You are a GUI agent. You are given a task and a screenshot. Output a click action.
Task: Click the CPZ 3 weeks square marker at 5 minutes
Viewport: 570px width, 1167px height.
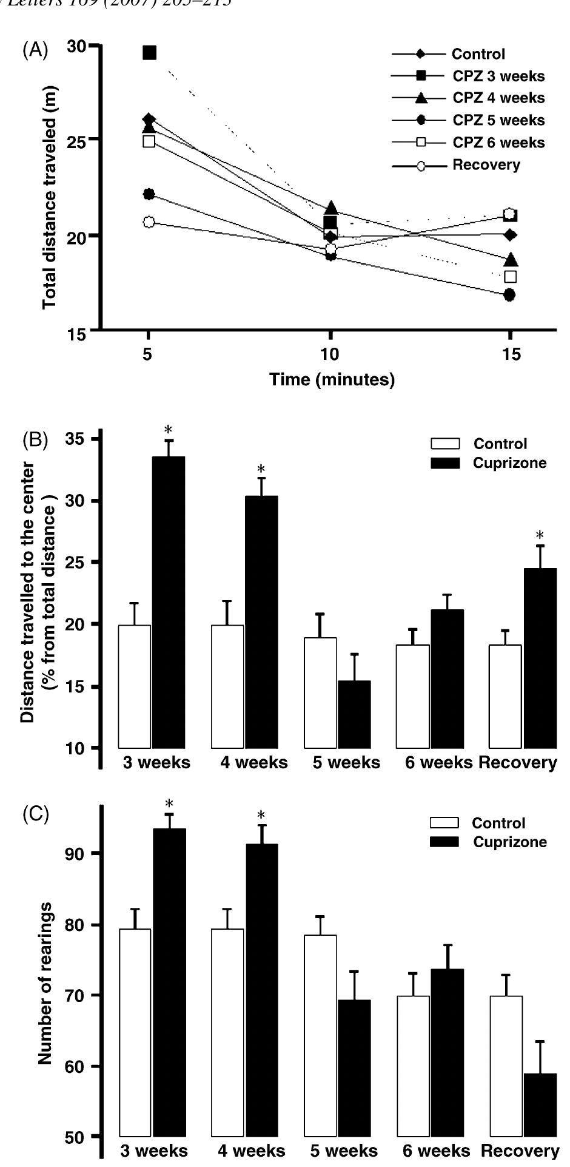pyautogui.click(x=149, y=53)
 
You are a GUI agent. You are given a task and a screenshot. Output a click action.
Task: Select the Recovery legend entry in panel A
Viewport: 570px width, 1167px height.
pyautogui.click(x=485, y=165)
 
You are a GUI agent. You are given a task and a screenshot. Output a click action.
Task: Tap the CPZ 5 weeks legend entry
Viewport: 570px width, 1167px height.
pyautogui.click(x=498, y=120)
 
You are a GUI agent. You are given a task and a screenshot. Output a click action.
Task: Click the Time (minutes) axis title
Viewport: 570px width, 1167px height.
pyautogui.click(x=332, y=380)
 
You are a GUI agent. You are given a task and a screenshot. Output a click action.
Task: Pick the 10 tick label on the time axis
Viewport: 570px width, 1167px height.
pyautogui.click(x=330, y=354)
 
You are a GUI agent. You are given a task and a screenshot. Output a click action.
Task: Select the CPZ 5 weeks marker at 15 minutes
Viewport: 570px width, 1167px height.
pyautogui.click(x=509, y=295)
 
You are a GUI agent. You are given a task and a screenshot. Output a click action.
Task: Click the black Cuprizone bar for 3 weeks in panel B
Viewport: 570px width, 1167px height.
pyautogui.click(x=169, y=602)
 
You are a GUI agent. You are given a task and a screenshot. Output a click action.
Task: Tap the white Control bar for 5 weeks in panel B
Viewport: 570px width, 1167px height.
pyautogui.click(x=320, y=692)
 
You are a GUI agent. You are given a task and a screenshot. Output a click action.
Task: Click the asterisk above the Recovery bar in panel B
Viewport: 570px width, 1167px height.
pyautogui.click(x=540, y=535)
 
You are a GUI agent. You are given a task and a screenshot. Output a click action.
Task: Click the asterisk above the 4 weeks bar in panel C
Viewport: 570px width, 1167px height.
pyautogui.click(x=261, y=815)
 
